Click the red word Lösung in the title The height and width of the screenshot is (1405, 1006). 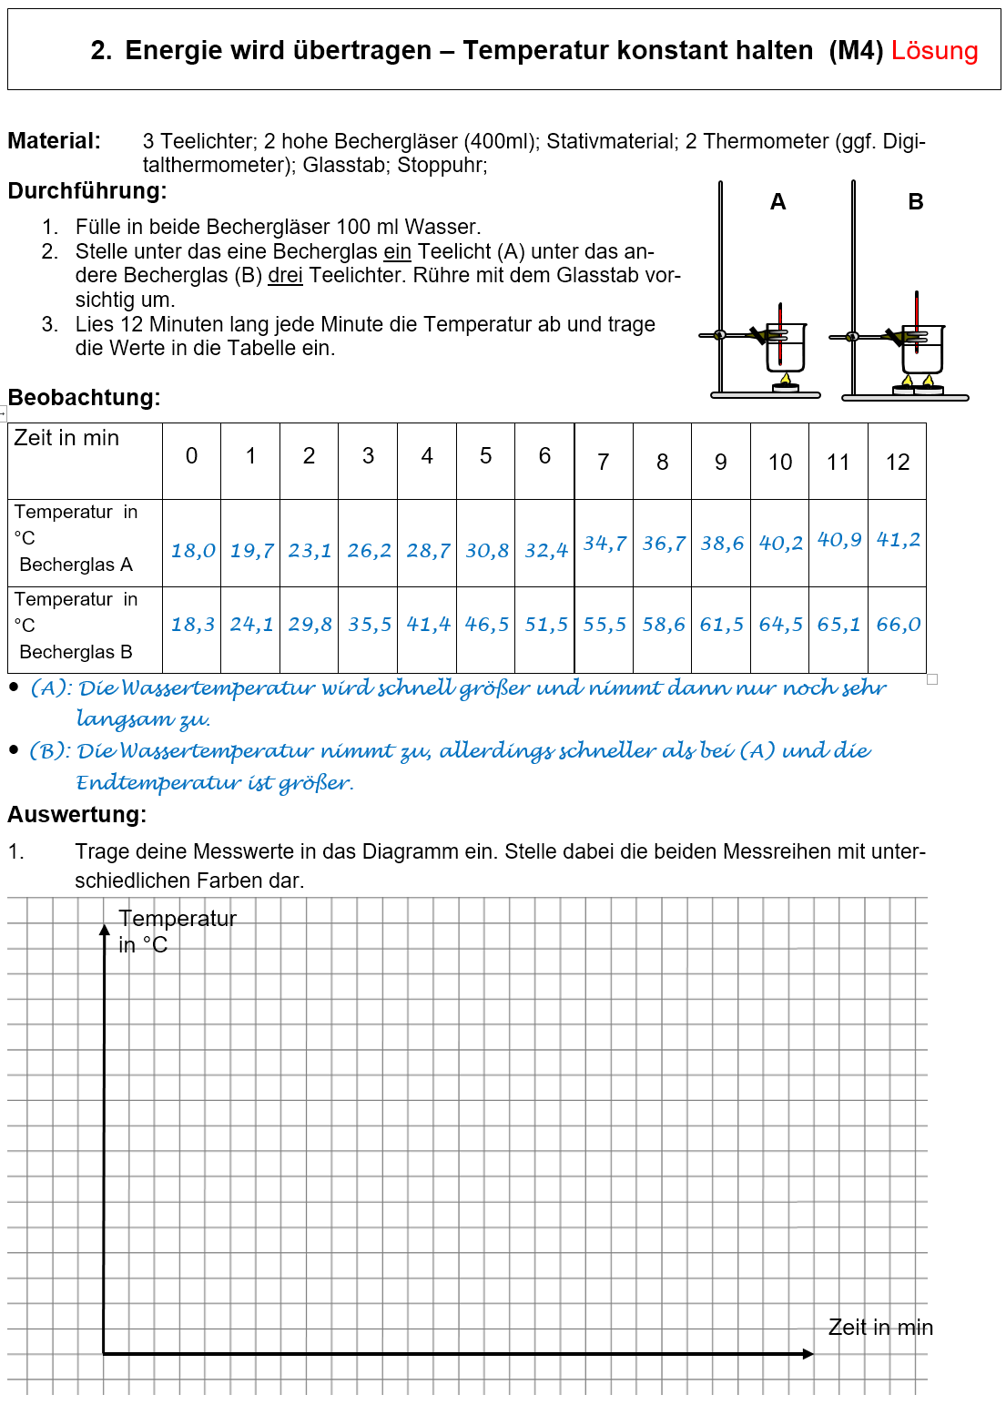pyautogui.click(x=934, y=51)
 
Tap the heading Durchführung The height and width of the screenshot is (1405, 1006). pyautogui.click(x=87, y=191)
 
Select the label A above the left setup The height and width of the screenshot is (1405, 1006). pyautogui.click(x=777, y=202)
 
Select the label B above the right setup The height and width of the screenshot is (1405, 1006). pyautogui.click(x=916, y=202)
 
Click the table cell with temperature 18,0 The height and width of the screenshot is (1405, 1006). pyautogui.click(x=193, y=551)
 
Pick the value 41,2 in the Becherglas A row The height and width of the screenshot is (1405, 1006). pyautogui.click(x=898, y=540)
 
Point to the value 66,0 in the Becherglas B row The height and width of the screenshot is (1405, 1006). pyautogui.click(x=898, y=625)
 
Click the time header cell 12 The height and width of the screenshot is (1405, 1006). pyautogui.click(x=898, y=463)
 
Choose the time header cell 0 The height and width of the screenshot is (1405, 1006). pyautogui.click(x=191, y=456)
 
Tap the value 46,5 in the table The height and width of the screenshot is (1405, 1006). pyautogui.click(x=487, y=625)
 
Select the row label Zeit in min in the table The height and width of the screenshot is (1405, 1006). pyautogui.click(x=66, y=438)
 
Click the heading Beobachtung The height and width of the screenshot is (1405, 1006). pyautogui.click(x=84, y=398)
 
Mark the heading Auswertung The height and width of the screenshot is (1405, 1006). pyautogui.click(x=76, y=815)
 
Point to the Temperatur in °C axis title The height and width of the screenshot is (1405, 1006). pyautogui.click(x=177, y=931)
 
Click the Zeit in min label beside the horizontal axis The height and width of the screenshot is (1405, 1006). pyautogui.click(x=880, y=1328)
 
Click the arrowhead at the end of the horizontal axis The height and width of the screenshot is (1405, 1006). pyautogui.click(x=808, y=1354)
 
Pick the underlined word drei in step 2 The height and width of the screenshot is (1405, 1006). pyautogui.click(x=285, y=276)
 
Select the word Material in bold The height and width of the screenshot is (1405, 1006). pyautogui.click(x=54, y=141)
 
